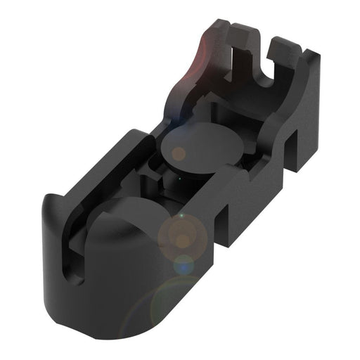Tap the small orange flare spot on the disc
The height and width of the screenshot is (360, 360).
click(x=179, y=153)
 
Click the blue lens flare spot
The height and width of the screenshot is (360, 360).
click(x=184, y=265)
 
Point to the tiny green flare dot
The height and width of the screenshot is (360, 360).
click(x=181, y=214)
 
